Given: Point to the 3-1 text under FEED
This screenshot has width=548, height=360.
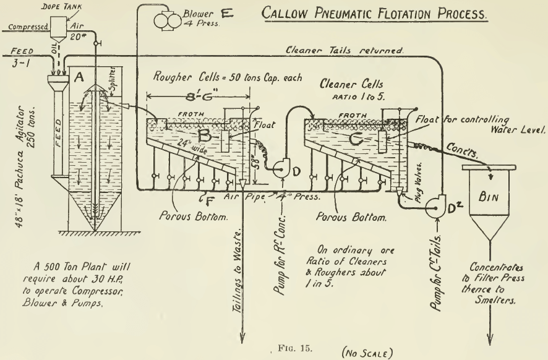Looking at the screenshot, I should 20,65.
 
